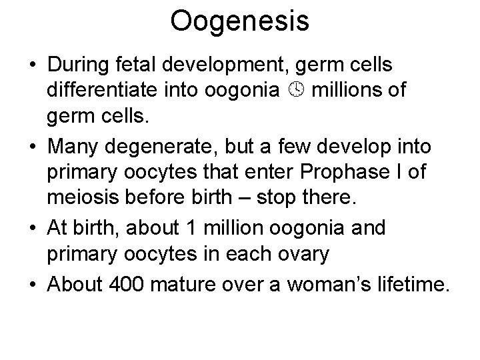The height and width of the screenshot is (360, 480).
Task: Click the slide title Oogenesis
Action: (239, 21)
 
